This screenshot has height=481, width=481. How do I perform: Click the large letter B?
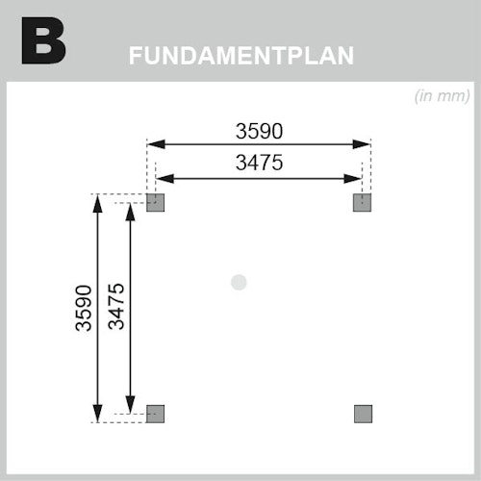pos(43,40)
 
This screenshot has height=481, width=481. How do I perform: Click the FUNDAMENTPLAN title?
pos(241,56)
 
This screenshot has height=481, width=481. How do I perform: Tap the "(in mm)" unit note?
pos(443,96)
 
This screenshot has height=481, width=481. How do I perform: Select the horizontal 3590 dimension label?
pos(259,131)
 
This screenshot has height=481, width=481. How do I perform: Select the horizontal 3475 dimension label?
pos(259,163)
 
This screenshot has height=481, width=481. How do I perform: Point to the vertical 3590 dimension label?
pos(84,308)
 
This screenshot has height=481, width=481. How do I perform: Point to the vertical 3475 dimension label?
pos(116,307)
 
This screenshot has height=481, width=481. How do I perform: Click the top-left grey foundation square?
pos(156,203)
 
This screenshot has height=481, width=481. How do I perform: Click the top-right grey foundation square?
pos(362,203)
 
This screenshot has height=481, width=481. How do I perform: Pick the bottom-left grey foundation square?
pos(156,414)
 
